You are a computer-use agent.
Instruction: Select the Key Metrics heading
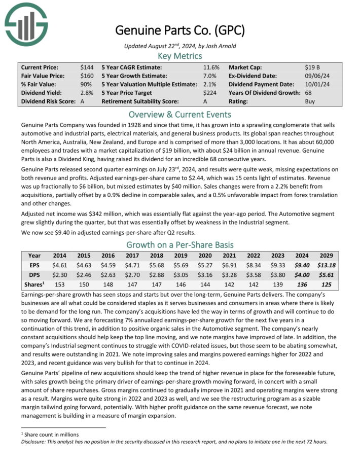(x=180, y=56)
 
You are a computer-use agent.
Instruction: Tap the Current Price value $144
(x=87, y=67)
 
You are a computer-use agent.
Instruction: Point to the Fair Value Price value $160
(x=87, y=76)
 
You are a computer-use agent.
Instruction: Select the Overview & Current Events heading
(x=180, y=114)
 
